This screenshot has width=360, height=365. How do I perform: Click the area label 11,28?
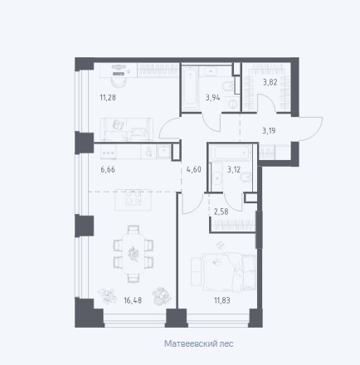108,97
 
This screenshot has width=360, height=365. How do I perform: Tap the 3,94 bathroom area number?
213,97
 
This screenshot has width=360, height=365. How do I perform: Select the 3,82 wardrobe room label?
270,82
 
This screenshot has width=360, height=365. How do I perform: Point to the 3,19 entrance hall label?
269,130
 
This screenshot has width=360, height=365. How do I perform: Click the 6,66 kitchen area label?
108,169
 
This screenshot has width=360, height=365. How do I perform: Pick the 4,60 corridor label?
194,169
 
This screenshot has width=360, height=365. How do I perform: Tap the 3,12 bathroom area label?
234,169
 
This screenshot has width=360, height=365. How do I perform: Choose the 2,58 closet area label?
221,212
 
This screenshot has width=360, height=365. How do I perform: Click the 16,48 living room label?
133,300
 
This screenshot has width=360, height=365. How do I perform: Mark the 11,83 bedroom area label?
222,300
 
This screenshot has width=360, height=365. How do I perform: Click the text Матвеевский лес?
199,343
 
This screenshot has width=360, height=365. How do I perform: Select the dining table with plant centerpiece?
134,254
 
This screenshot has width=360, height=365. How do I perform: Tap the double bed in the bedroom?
230,272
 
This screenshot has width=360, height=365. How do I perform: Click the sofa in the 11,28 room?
127,129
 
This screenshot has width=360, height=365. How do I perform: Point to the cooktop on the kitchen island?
133,197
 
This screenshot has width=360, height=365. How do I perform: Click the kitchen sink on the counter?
163,152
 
